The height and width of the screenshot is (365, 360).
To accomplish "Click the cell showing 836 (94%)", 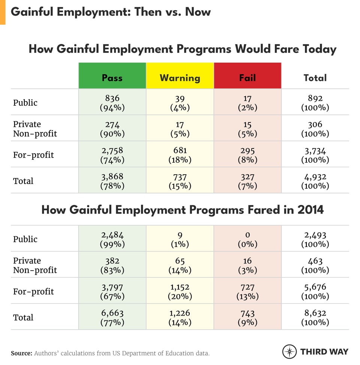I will coord(112,102).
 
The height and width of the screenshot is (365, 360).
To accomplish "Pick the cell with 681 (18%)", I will coord(180,155).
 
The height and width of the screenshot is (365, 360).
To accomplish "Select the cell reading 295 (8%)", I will coord(247,155).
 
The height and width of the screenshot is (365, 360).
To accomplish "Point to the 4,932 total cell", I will coord(315,181).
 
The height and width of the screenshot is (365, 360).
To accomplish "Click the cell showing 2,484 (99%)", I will coord(112,239).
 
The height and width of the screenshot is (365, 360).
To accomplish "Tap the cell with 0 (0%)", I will coord(247,239).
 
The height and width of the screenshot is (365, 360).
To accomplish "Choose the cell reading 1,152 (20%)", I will coord(180,291).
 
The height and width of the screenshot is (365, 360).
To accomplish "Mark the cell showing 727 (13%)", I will coord(247,291).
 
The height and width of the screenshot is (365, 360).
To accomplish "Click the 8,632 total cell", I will coord(315,317).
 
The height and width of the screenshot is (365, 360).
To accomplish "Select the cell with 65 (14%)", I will coord(180,265).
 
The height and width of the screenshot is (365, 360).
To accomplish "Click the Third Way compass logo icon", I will coord(289,352).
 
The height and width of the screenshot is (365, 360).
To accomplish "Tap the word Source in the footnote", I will coord(21,353).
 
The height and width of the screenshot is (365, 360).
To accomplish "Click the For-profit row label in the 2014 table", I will coord(33,291).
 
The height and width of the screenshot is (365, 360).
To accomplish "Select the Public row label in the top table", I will coord(25,102).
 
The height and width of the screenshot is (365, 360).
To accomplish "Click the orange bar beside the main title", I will coord(3,12).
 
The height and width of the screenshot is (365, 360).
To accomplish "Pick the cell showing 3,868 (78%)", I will coord(112,181).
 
